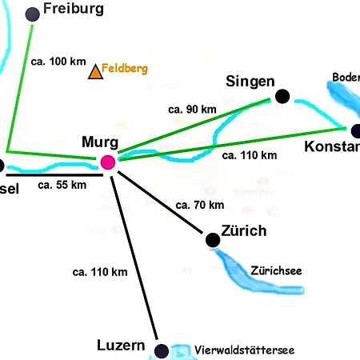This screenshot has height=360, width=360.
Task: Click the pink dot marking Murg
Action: tap(109, 162)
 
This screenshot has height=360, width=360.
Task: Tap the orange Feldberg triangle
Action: tap(95, 73)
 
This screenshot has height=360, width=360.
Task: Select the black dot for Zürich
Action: tap(212, 239)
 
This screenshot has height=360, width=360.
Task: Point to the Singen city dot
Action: tap(282, 96)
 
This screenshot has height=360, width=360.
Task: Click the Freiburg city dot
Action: tap(33, 14)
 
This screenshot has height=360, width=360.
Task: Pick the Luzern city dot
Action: tap(162, 350)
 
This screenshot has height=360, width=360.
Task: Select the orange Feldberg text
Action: tap(125, 70)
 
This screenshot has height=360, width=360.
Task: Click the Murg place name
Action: tap(100, 143)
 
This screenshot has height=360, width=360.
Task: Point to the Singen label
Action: tap(250, 82)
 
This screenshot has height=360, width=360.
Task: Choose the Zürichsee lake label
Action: tap(276, 270)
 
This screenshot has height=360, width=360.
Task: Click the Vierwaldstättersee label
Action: tap(245, 350)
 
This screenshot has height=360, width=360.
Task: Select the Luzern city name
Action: tap(120, 346)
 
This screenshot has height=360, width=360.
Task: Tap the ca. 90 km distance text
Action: tap(192, 109)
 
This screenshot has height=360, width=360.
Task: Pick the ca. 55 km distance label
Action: tap(62, 185)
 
